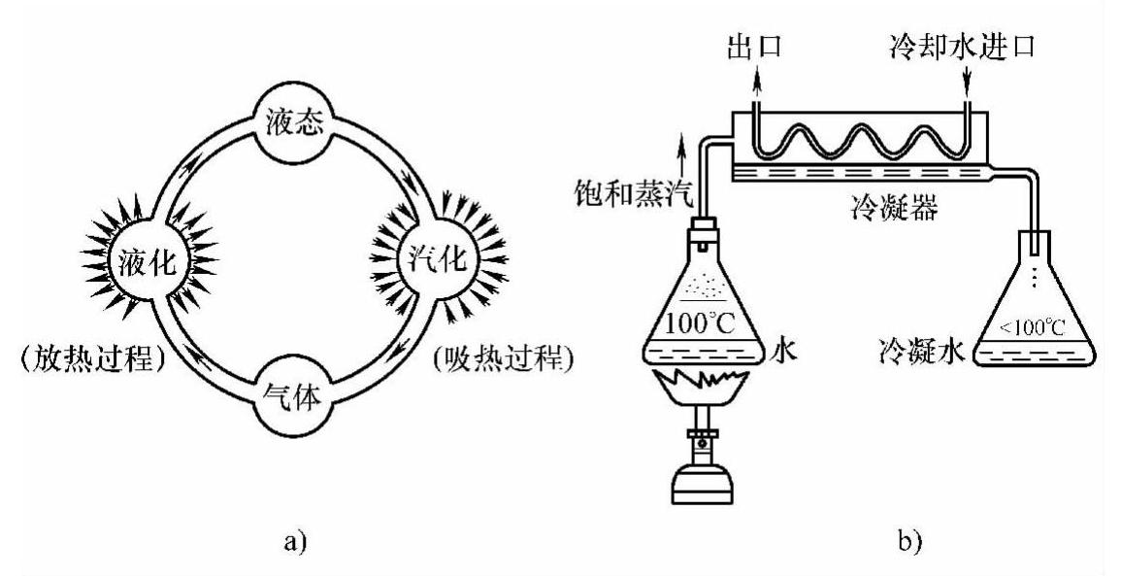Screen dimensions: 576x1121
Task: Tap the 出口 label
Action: coord(753,46)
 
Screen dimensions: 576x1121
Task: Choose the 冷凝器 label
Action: coord(890,209)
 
